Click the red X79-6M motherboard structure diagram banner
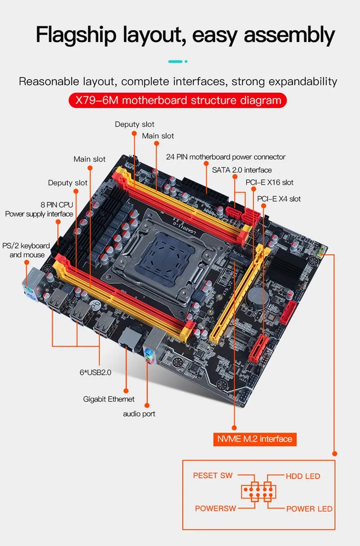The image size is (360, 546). (x=177, y=99)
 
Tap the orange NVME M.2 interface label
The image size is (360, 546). (x=255, y=439)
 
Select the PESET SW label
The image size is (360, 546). (x=212, y=475)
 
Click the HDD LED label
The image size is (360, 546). (x=303, y=476)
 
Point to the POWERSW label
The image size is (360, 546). (x=215, y=509)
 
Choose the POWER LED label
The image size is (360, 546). (x=309, y=509)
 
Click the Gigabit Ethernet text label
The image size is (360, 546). (x=109, y=399)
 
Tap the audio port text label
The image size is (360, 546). (x=139, y=414)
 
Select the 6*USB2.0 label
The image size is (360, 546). (x=93, y=372)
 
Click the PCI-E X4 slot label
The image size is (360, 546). (x=279, y=199)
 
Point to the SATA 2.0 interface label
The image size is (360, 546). (x=242, y=170)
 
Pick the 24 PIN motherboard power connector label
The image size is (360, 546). (x=225, y=157)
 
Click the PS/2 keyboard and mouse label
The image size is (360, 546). (x=26, y=250)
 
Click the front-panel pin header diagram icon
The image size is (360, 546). (x=258, y=492)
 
